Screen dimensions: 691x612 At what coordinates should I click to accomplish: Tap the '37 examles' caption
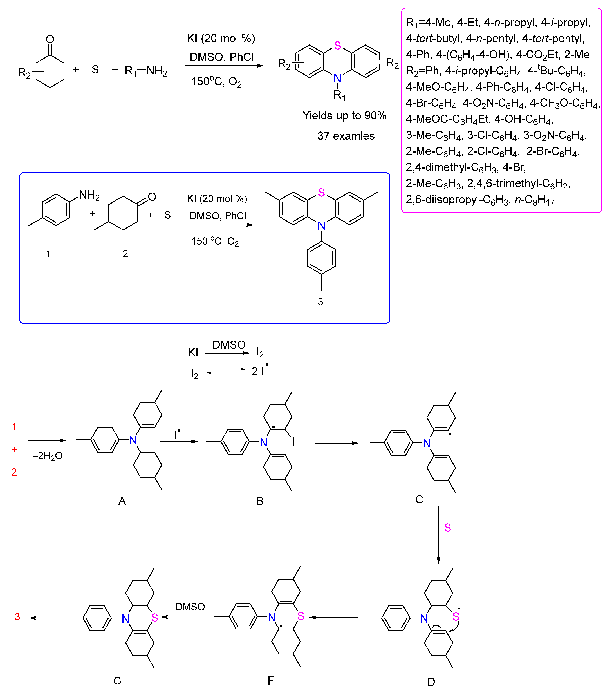pyautogui.click(x=346, y=136)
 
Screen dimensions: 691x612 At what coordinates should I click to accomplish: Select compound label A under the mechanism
pyautogui.click(x=122, y=501)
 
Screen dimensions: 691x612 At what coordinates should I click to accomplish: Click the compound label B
pyautogui.click(x=259, y=501)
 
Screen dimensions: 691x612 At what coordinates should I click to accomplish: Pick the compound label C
pyautogui.click(x=419, y=499)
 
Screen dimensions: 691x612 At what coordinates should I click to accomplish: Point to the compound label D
pyautogui.click(x=431, y=682)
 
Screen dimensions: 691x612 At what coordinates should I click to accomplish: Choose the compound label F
pyautogui.click(x=271, y=681)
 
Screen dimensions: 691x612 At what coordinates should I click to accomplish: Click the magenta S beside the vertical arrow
pyautogui.click(x=447, y=528)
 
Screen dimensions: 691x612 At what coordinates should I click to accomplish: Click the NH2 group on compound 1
pyautogui.click(x=89, y=195)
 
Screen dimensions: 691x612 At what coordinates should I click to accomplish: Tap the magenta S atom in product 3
pyautogui.click(x=321, y=193)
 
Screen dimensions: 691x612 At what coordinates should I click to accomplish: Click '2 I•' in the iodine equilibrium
pyautogui.click(x=259, y=371)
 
